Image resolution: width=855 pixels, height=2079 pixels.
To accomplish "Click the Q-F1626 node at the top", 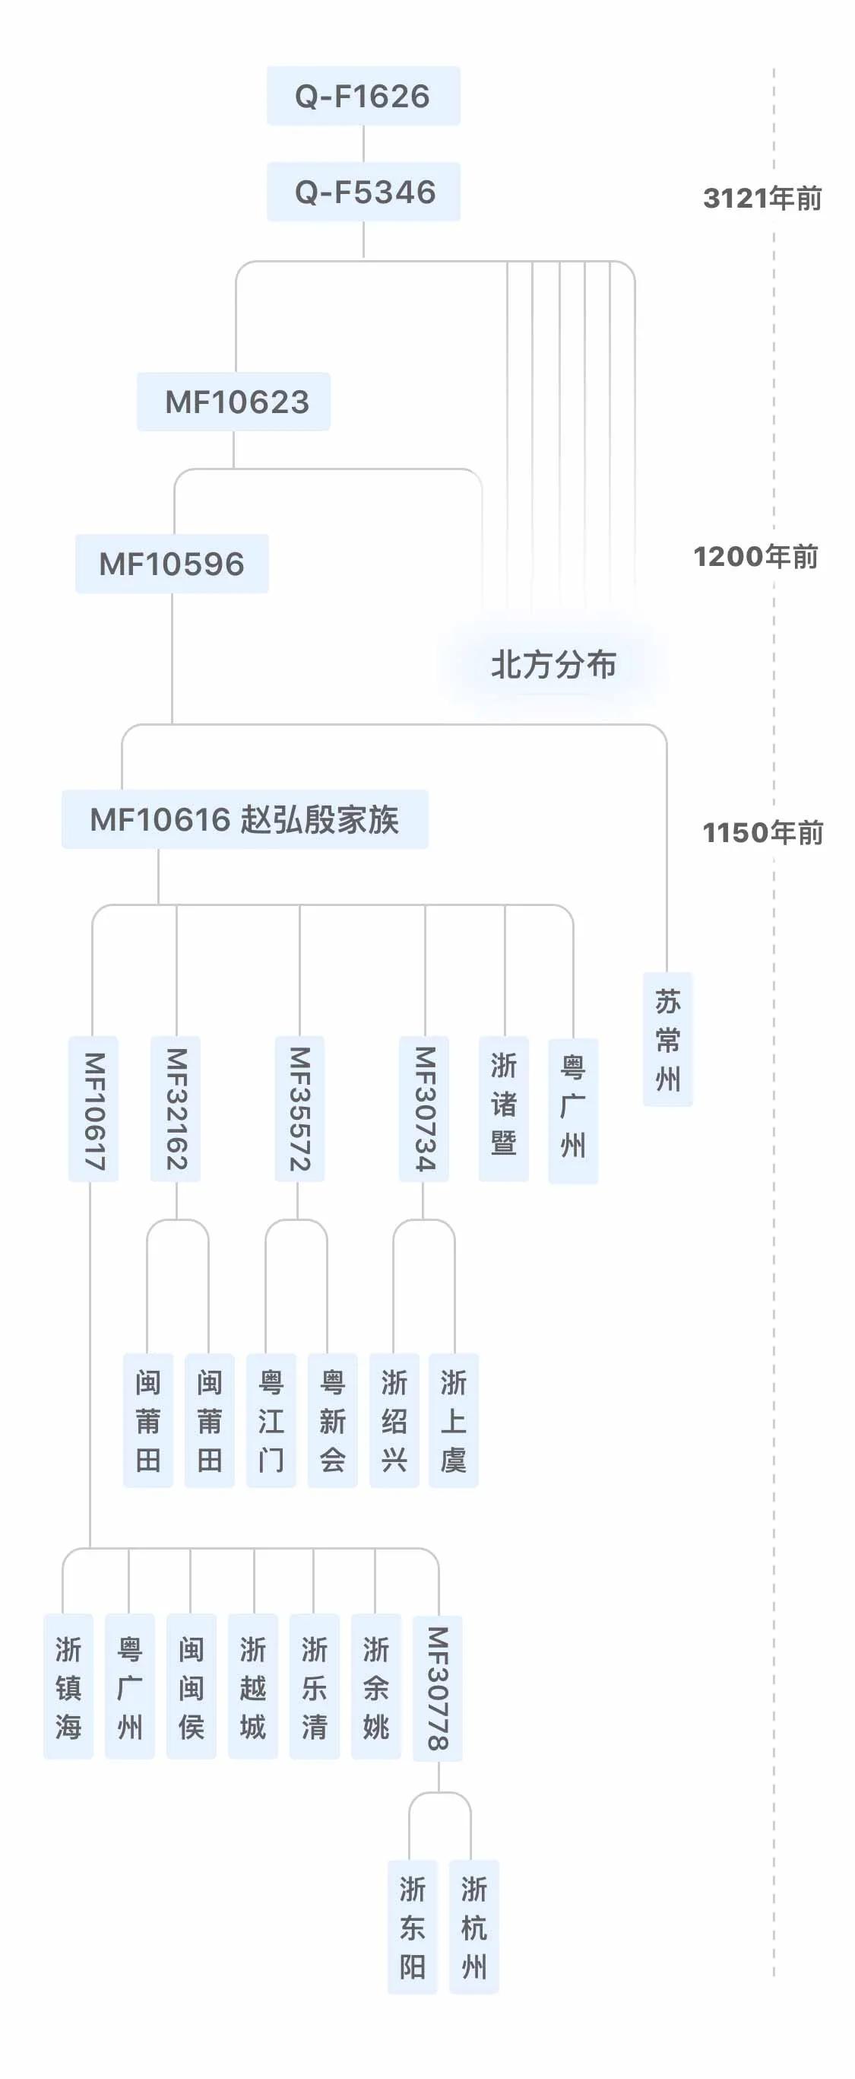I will tap(363, 96).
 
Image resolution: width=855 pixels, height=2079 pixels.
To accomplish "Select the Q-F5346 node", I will tap(363, 192).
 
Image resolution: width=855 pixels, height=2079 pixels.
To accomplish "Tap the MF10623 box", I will tap(234, 402).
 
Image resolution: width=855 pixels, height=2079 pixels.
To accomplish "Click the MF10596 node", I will tap(172, 564).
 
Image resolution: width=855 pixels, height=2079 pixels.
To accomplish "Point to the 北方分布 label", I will tap(553, 665).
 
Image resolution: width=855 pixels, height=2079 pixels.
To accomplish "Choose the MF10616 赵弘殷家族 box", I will tap(245, 820).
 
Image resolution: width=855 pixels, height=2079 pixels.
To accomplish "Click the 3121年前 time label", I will tap(762, 199).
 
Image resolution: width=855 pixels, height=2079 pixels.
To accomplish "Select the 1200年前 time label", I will tap(755, 557).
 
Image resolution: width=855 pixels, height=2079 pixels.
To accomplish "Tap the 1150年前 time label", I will tap(762, 833).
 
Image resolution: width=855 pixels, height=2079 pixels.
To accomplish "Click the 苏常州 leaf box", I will tap(668, 1039).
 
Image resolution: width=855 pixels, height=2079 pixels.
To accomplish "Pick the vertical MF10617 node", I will tap(93, 1110).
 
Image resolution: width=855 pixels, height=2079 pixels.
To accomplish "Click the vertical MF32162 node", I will tap(176, 1110).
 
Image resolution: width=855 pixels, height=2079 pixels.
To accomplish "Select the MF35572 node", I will tap(299, 1110).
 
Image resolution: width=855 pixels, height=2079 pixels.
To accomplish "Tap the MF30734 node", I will tap(424, 1110).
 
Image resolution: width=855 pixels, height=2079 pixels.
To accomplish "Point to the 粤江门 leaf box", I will tap(271, 1420).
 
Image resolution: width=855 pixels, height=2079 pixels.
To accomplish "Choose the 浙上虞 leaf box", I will tap(453, 1420).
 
